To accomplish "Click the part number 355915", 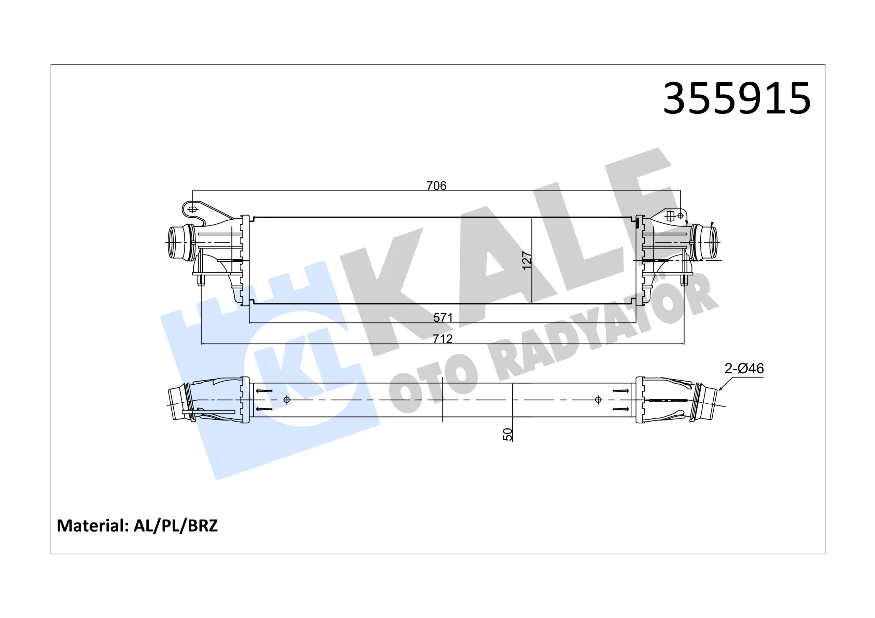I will pos(737,99).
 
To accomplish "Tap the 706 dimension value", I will pos(436,186).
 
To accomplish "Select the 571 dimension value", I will pos(443,317).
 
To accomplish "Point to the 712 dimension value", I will pos(443,339).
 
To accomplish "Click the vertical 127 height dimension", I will pos(527,260).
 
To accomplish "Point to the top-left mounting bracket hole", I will pos(192,209).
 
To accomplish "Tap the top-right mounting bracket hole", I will pos(680,216).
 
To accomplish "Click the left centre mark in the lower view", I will pos(286,400).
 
